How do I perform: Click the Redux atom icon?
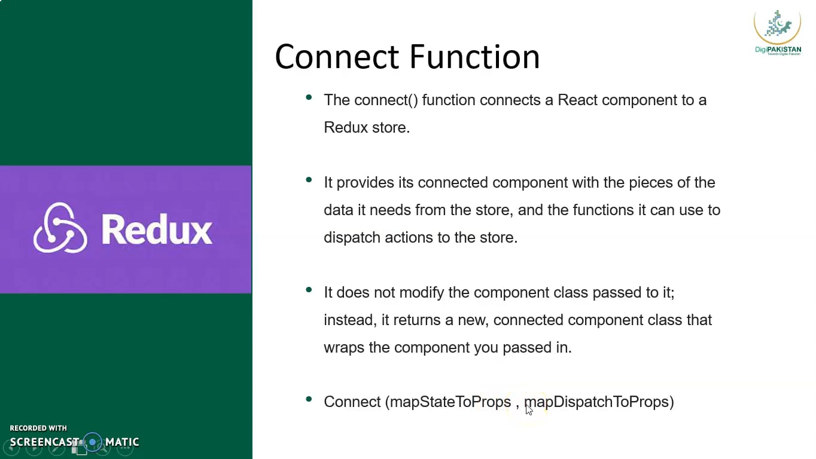[x=60, y=228]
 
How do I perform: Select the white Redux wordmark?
[x=157, y=229]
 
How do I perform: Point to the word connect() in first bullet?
[x=386, y=100]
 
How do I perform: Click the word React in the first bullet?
[x=577, y=100]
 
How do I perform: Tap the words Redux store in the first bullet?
[x=366, y=127]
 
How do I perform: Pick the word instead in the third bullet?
[x=350, y=320]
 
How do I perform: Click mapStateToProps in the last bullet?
[x=450, y=402]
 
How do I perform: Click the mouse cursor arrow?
[x=529, y=409]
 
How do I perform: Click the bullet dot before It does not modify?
[x=309, y=290]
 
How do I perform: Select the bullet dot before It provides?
[x=309, y=180]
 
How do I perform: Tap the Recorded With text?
[x=38, y=428]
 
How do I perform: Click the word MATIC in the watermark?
[x=122, y=442]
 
